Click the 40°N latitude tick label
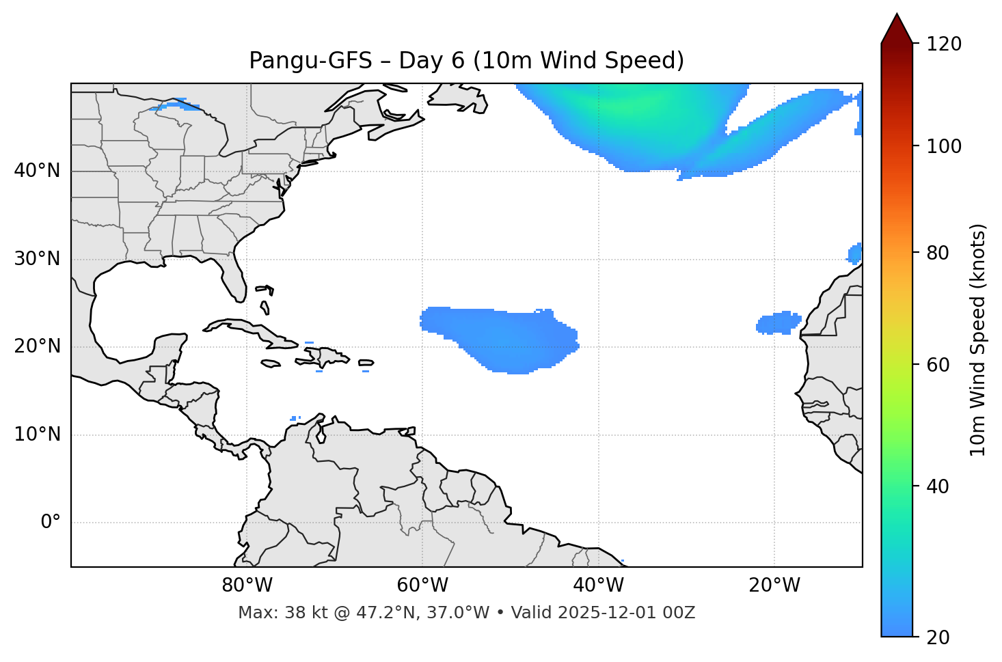(x=37, y=171)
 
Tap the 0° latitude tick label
(x=51, y=523)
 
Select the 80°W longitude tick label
(x=247, y=585)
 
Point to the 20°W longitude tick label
(x=774, y=585)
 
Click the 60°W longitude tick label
(x=422, y=585)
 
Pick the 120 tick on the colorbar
(x=944, y=44)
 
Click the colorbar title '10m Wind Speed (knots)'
(x=978, y=340)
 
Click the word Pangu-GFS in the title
(x=310, y=61)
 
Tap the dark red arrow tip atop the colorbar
(x=897, y=27)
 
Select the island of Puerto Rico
(x=366, y=363)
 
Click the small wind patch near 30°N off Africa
(x=855, y=253)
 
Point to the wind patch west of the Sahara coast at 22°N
(x=778, y=322)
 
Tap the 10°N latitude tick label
(x=37, y=435)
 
